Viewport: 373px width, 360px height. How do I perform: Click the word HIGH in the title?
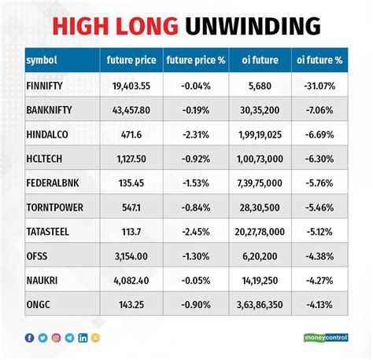tap(80, 26)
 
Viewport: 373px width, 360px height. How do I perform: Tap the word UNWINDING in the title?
tap(253, 26)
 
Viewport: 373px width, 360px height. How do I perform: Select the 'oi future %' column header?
tap(319, 60)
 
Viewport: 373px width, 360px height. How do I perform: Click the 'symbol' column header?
tap(42, 60)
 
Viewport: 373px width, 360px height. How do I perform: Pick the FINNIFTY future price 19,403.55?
tap(131, 86)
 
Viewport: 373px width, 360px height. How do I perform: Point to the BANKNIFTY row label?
tap(49, 110)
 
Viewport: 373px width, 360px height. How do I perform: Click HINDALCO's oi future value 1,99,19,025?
tap(260, 135)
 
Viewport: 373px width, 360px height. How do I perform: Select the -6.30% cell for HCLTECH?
tap(319, 159)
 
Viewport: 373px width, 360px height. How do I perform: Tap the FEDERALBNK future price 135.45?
tap(131, 183)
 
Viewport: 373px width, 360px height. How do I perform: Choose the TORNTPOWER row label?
tap(54, 208)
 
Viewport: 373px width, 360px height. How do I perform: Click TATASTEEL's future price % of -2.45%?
tap(196, 232)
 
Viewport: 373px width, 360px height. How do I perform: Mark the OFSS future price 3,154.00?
tap(131, 256)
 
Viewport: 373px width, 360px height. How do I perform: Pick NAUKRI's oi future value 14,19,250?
tap(260, 281)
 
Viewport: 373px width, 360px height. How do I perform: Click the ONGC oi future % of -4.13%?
tap(319, 305)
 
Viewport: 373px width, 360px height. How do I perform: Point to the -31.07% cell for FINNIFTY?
tap(319, 86)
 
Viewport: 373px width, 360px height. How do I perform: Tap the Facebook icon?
tap(29, 338)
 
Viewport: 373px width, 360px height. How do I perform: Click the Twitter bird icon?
tap(42, 338)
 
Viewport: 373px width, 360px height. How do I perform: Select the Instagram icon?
tap(56, 338)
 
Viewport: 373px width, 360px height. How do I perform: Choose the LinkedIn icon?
tap(83, 338)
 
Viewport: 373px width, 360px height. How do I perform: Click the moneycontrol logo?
tap(326, 337)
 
